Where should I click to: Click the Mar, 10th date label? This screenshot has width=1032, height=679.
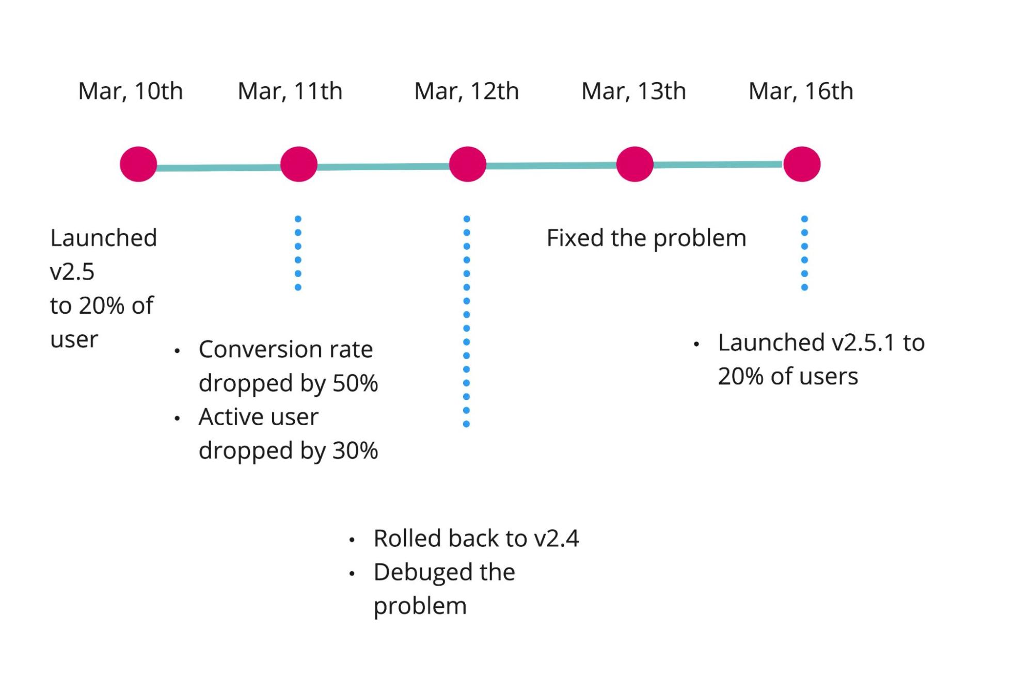tap(130, 91)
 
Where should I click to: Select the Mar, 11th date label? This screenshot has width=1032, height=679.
tap(290, 91)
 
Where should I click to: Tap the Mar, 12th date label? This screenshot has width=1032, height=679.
tap(466, 91)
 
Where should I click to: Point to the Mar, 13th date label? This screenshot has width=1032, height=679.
tap(633, 91)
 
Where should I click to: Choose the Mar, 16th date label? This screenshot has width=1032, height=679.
tap(801, 91)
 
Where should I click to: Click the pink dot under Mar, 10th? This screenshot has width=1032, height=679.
tap(138, 164)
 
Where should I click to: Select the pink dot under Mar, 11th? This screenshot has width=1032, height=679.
tap(298, 164)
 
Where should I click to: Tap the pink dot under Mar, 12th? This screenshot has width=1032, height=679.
tap(467, 164)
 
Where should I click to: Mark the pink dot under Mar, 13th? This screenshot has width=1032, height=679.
tap(634, 164)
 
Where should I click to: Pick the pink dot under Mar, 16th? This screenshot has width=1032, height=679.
tap(801, 164)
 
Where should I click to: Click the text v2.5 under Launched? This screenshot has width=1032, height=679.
tap(72, 272)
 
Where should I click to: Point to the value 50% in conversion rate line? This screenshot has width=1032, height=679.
tap(355, 383)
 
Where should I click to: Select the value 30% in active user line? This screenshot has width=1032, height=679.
tap(355, 450)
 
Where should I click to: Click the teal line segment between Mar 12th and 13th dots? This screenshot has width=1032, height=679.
tap(551, 166)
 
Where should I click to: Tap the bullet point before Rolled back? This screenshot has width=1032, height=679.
tap(352, 540)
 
